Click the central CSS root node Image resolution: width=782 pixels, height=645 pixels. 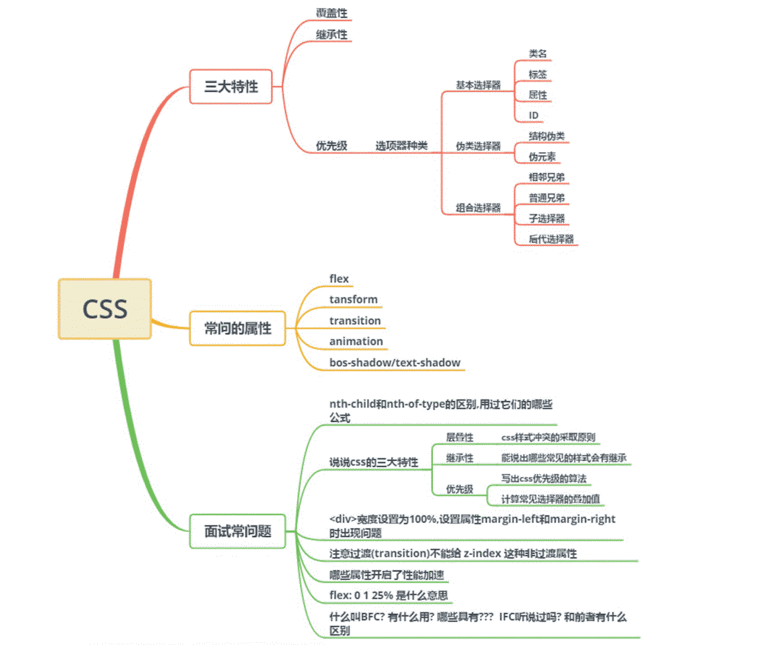point(105,308)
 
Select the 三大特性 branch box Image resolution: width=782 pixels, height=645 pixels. point(232,87)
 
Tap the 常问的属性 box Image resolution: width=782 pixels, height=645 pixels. point(238,328)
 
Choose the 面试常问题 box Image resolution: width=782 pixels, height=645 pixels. point(238,531)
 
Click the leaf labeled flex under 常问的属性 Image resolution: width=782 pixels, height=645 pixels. point(339,279)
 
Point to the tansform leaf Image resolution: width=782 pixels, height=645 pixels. point(353,299)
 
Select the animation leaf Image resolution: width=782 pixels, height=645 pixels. point(356,341)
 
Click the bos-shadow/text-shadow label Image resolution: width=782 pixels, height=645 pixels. point(395,362)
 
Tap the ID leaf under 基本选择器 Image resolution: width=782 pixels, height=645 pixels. point(534,115)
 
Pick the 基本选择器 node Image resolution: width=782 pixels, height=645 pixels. point(478,85)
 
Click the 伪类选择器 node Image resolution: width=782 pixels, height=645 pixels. point(478,146)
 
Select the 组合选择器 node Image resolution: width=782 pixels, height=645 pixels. point(478,208)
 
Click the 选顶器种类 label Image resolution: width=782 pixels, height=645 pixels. point(401,146)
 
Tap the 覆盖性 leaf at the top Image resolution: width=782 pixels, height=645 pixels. point(330,12)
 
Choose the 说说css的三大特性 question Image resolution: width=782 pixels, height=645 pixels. point(374,462)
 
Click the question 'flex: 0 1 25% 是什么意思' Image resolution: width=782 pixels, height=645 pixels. point(388,596)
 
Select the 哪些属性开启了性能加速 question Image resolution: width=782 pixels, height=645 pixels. point(386,575)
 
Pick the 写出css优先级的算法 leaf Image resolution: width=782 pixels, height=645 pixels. point(544,479)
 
